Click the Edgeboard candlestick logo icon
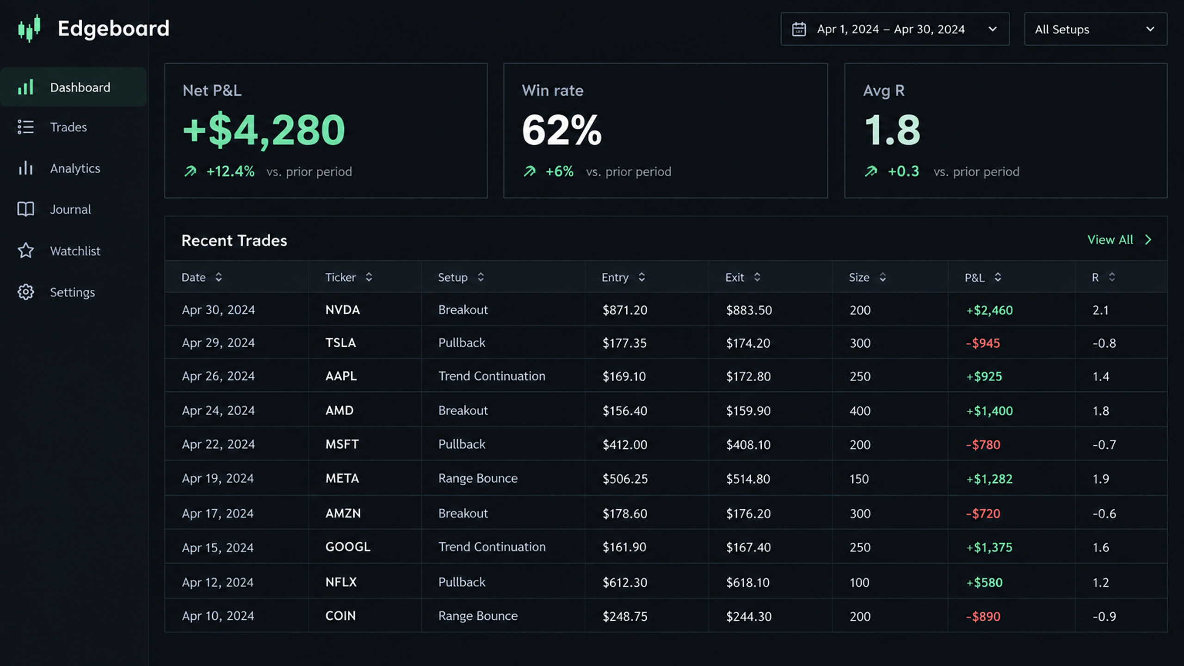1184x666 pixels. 29,28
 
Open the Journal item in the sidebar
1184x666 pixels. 70,210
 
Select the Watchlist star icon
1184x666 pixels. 26,251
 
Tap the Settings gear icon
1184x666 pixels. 26,292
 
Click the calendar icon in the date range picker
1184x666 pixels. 799,29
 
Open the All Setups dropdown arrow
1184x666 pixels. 1150,29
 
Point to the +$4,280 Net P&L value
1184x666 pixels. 264,130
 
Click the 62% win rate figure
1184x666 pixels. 562,130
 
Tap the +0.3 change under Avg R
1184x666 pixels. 903,172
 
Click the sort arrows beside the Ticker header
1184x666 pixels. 369,277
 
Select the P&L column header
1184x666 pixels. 974,277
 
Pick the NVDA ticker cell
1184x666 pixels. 343,310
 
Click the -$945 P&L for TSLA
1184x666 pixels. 983,343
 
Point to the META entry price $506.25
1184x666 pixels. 625,479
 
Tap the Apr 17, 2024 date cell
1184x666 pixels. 218,513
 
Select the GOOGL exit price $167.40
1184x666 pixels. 748,547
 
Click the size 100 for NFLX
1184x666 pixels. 859,582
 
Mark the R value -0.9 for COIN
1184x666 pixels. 1104,617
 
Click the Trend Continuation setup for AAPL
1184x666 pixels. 492,376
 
